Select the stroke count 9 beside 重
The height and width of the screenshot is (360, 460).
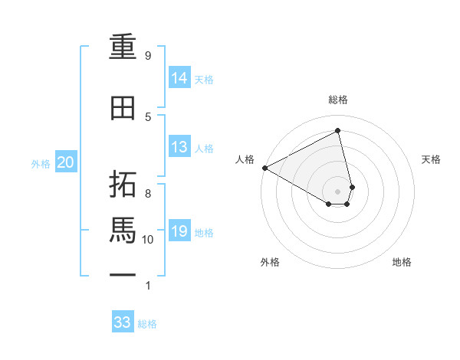148,56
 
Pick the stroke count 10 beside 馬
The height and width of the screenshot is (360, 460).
149,240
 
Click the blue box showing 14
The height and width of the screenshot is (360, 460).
179,78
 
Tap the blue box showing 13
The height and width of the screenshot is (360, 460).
179,148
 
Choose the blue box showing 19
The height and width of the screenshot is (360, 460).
179,231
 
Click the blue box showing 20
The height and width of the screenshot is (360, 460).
66,162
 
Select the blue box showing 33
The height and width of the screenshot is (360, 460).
122,322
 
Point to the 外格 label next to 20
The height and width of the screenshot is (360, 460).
41,163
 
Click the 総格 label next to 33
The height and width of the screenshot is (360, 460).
147,324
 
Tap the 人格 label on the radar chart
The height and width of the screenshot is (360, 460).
245,159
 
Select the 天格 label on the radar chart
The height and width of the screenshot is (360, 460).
432,159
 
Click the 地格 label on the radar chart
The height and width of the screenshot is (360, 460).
402,263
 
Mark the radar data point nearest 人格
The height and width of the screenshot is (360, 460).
264,168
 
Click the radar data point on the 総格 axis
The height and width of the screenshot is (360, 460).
338,131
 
